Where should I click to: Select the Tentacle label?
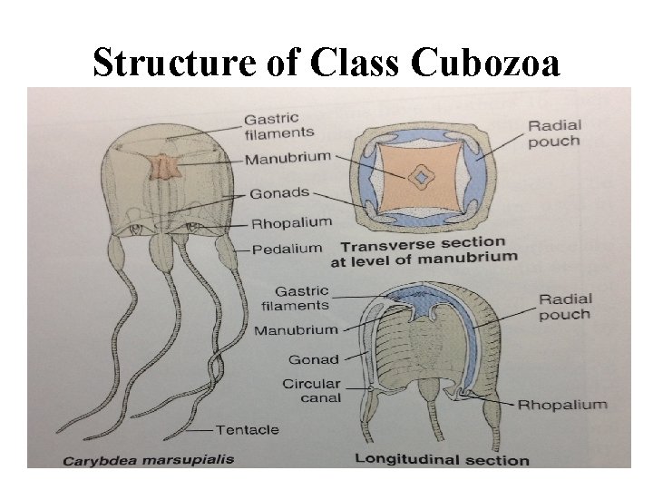tap(249, 428)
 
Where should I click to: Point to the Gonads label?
tap(278, 194)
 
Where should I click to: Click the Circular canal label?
tap(312, 390)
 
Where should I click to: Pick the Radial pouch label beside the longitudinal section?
tap(564, 306)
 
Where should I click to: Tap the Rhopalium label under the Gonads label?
tap(291, 221)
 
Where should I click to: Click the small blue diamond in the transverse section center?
tap(419, 178)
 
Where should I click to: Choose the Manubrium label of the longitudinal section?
tap(295, 330)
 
